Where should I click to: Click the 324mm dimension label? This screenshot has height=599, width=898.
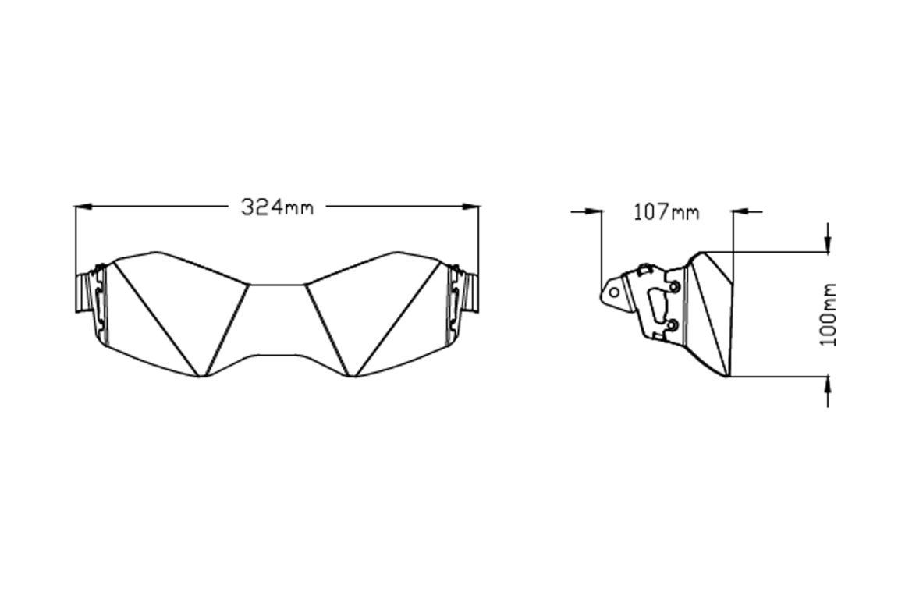click(277, 207)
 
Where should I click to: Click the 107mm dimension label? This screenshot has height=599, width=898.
click(666, 212)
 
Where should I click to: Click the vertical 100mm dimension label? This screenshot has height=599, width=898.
click(828, 314)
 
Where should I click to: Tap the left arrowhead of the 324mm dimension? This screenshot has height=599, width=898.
click(83, 206)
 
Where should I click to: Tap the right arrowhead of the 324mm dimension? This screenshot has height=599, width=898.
click(470, 206)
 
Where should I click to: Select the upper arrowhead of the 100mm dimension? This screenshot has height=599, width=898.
click(828, 243)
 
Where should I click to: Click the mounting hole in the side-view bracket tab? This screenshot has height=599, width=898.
click(614, 292)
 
